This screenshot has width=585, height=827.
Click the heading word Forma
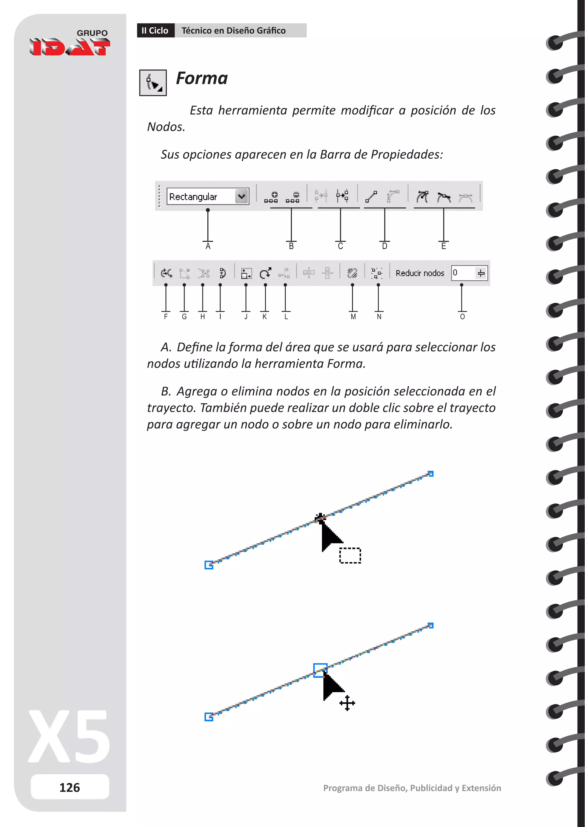coord(202,78)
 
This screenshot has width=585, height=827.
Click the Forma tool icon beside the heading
coord(153,83)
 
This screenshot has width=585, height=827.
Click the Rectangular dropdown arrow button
coord(242,197)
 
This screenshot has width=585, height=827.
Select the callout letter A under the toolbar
coord(208,246)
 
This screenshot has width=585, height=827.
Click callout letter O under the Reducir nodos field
coord(462,317)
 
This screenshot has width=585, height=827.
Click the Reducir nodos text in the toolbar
coord(420,273)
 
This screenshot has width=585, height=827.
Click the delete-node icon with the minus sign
coord(293,197)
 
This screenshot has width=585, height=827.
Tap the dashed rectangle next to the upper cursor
coord(350,555)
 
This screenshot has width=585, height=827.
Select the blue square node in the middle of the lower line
coord(320,670)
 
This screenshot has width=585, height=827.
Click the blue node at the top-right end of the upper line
coord(430,474)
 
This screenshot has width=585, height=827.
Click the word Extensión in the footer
coord(481,788)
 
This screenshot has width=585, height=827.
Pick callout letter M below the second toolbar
coord(353,317)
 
